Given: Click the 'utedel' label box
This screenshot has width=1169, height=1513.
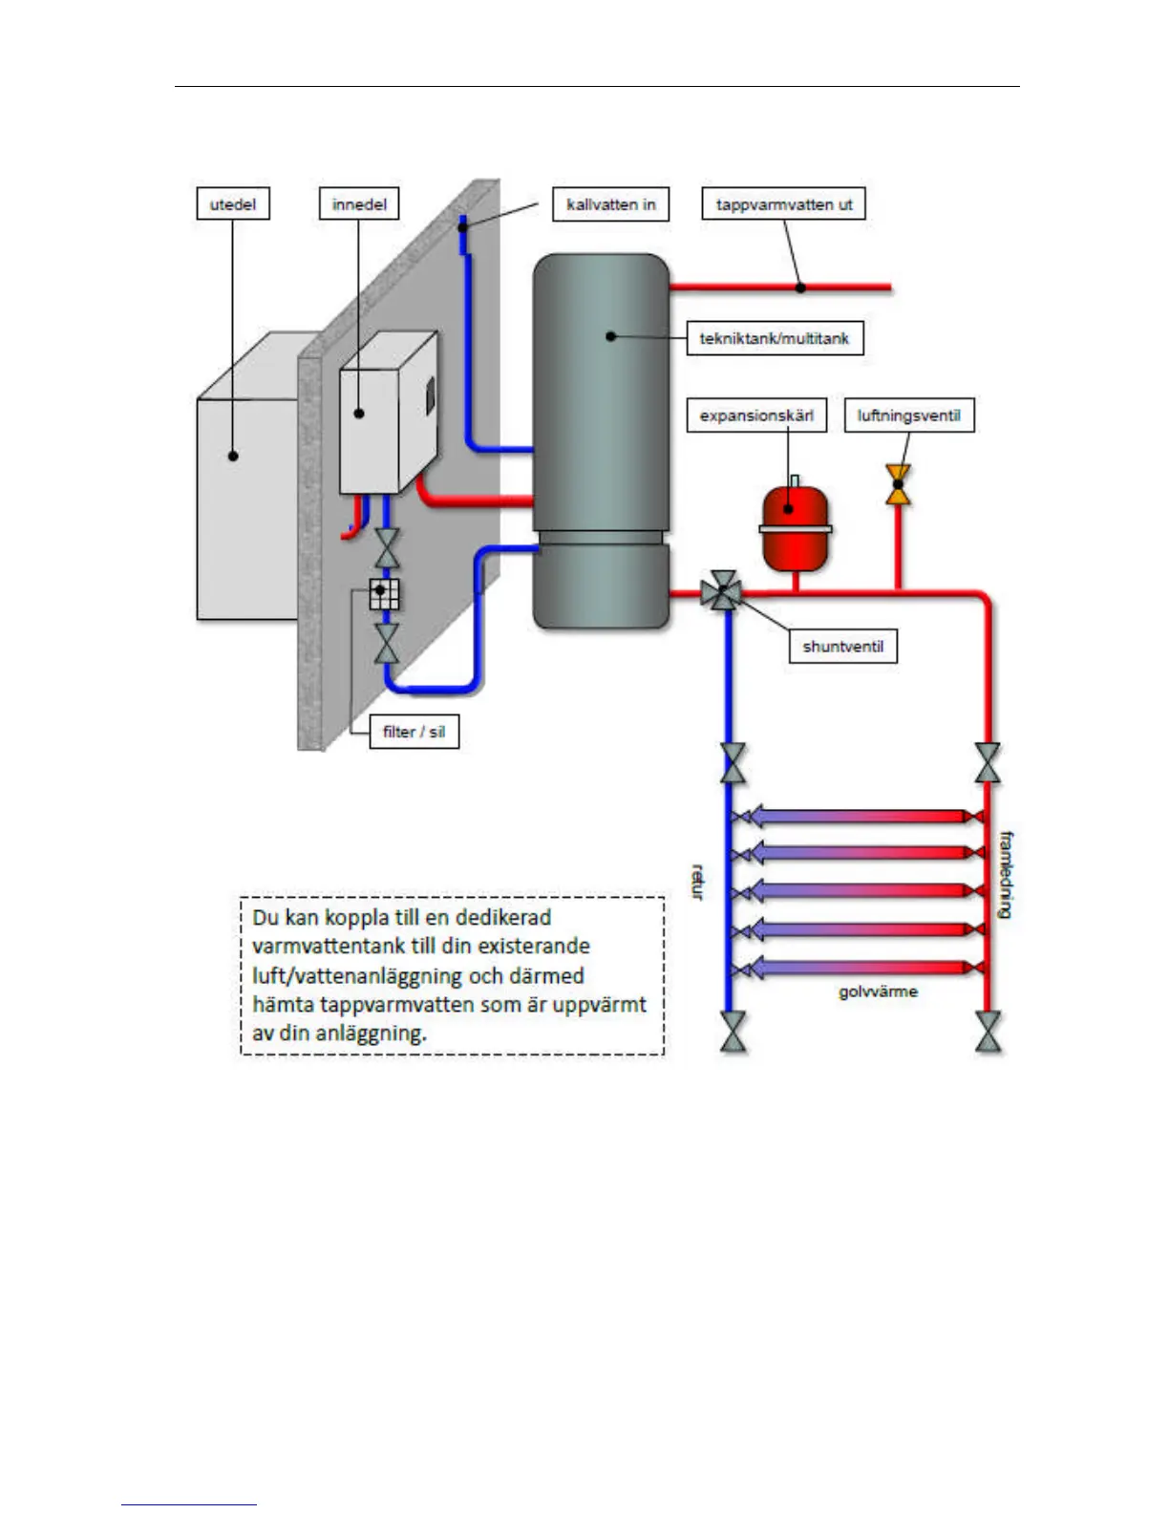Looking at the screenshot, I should tap(233, 203).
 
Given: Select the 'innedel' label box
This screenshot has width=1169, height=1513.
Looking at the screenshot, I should tap(359, 203).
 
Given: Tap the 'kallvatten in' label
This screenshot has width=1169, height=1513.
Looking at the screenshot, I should tap(611, 204).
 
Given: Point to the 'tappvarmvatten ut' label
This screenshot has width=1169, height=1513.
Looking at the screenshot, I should tap(784, 204).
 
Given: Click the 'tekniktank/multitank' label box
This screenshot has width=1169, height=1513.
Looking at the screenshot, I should tap(775, 338).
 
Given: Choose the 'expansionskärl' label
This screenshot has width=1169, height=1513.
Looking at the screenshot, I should tap(756, 416).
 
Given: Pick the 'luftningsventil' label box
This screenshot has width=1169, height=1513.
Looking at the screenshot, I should tap(909, 416).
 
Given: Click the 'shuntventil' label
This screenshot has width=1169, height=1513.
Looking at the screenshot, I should tap(843, 647).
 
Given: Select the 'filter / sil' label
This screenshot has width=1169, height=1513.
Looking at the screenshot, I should tap(414, 732).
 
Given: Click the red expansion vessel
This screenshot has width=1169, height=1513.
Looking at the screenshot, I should tap(795, 527).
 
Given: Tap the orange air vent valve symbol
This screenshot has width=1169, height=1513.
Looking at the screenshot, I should tap(898, 484).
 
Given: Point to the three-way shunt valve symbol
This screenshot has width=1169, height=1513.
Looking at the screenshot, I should tap(723, 592).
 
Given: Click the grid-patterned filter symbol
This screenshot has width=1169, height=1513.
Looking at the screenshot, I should tap(384, 593).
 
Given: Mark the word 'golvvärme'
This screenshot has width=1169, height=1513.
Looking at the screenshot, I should tap(878, 991).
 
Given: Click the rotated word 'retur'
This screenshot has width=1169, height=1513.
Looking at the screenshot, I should tap(698, 882).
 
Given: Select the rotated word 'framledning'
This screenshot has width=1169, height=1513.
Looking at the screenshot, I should tap(1006, 874).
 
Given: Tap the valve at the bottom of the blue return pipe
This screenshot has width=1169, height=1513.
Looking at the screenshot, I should tap(733, 1033).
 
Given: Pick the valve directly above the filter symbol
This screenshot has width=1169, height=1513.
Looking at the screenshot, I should tap(386, 547).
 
